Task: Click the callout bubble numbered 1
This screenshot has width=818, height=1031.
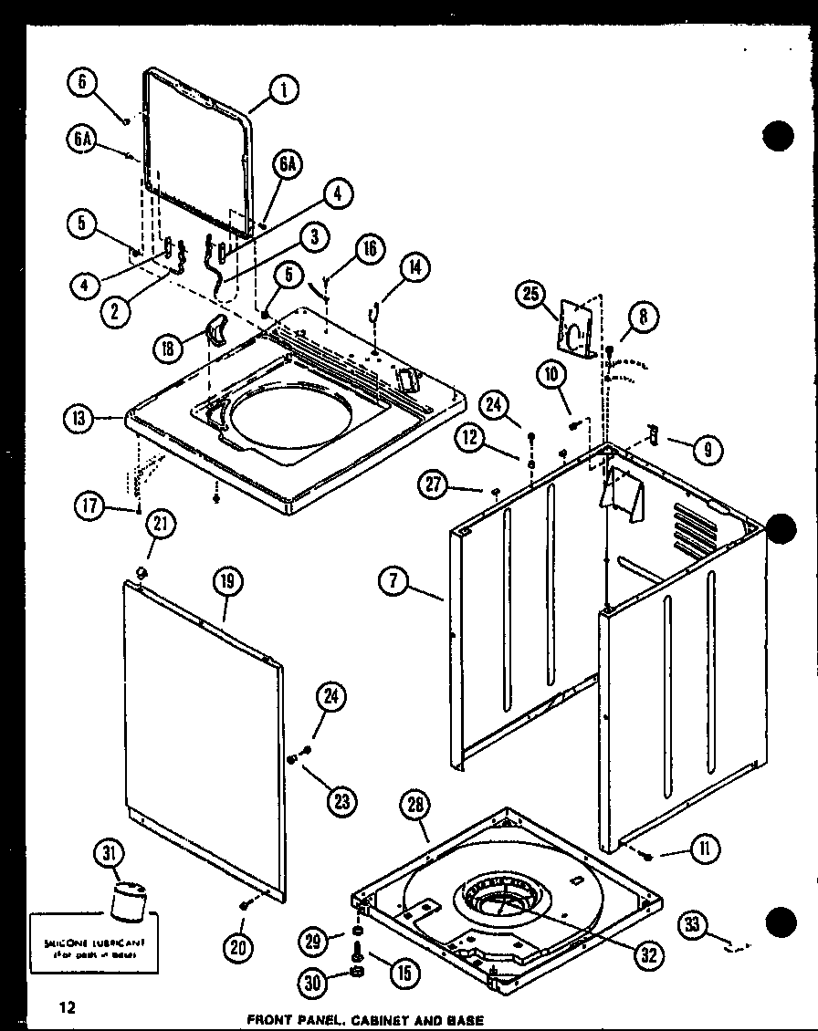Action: point(284,90)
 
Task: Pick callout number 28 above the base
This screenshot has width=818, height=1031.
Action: point(415,805)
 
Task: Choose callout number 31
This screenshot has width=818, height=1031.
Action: point(110,855)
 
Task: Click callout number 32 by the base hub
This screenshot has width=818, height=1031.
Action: point(649,955)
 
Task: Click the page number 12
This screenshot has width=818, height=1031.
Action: point(67,1007)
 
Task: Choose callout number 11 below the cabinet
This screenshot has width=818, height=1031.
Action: point(705,849)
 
